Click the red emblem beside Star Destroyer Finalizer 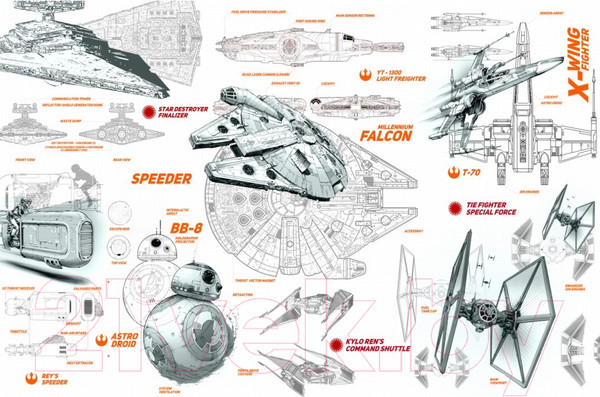(x=149, y=112)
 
